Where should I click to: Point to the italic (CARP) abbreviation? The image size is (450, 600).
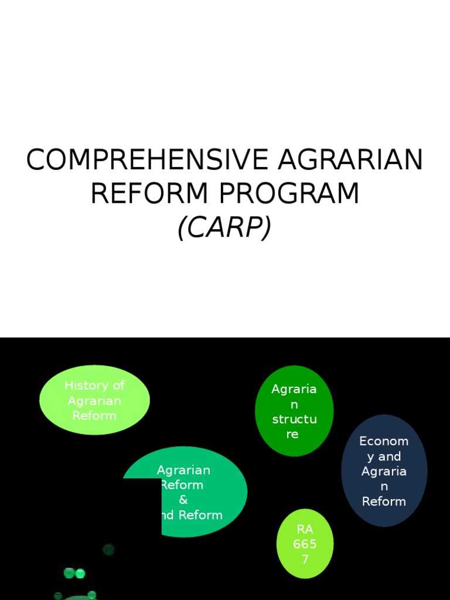tap(224, 227)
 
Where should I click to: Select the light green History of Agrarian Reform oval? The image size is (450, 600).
tap(94, 400)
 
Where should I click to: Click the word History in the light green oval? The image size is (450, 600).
tap(86, 386)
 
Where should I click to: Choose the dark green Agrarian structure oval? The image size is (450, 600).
tap(294, 410)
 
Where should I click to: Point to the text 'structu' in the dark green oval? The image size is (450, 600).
tap(294, 420)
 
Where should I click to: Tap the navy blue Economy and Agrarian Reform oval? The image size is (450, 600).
tap(384, 471)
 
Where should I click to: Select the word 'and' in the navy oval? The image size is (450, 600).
tap(390, 456)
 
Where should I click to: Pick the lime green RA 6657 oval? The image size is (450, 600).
tap(305, 544)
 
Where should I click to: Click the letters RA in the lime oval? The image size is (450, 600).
tap(305, 530)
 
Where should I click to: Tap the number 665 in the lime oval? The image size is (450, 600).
tap(305, 544)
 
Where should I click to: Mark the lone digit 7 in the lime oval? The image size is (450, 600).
tap(305, 559)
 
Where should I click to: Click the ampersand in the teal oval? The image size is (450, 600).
tap(183, 500)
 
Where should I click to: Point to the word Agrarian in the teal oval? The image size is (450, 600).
tap(183, 470)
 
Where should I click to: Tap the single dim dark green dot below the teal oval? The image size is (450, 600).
tap(108, 549)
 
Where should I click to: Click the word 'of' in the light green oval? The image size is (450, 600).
tap(118, 386)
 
